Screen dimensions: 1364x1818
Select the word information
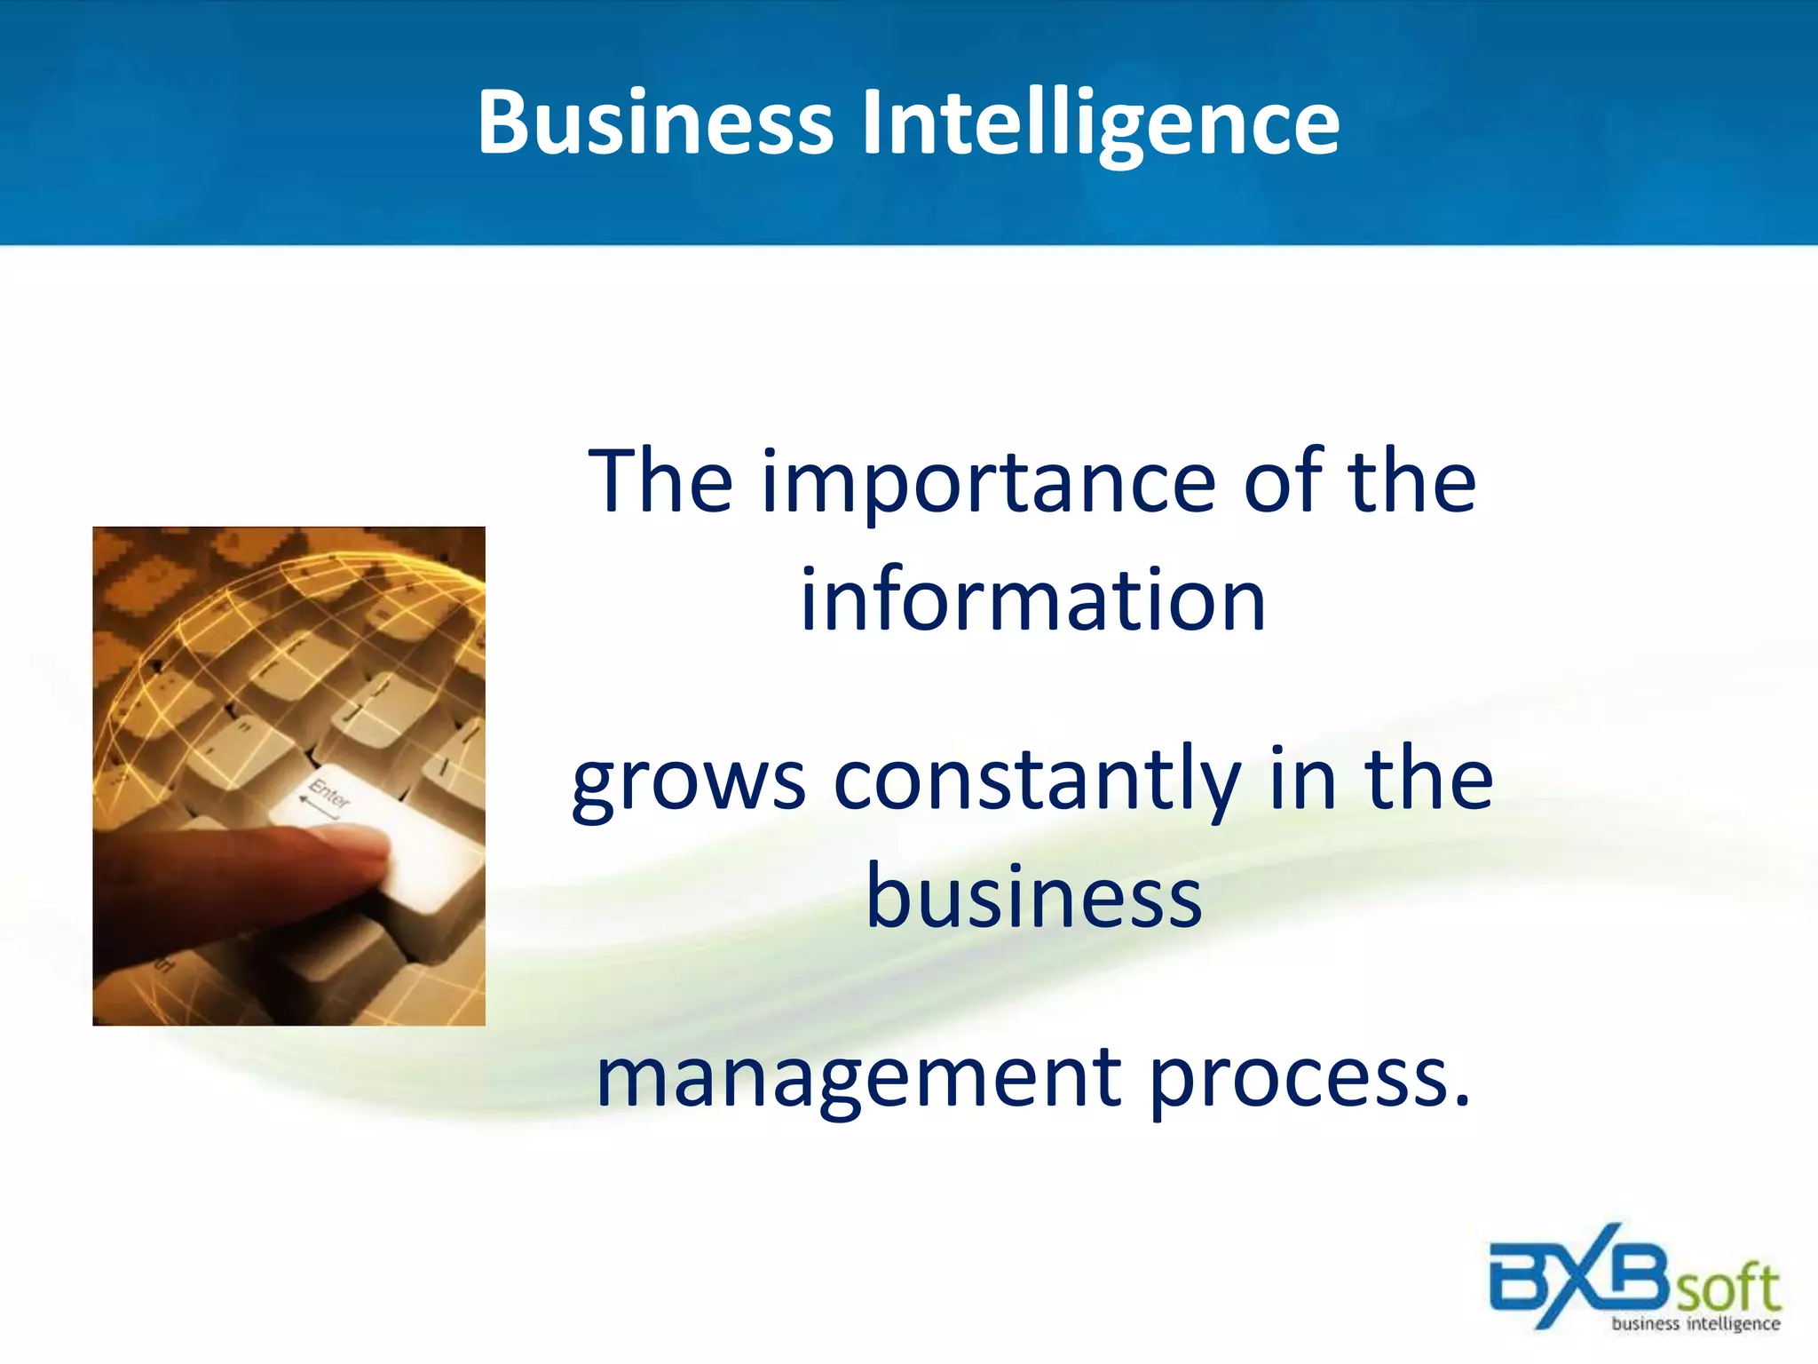1032,601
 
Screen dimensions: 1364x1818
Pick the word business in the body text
1033,897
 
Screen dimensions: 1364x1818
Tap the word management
858,1078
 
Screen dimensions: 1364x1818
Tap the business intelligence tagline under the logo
1695,1324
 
